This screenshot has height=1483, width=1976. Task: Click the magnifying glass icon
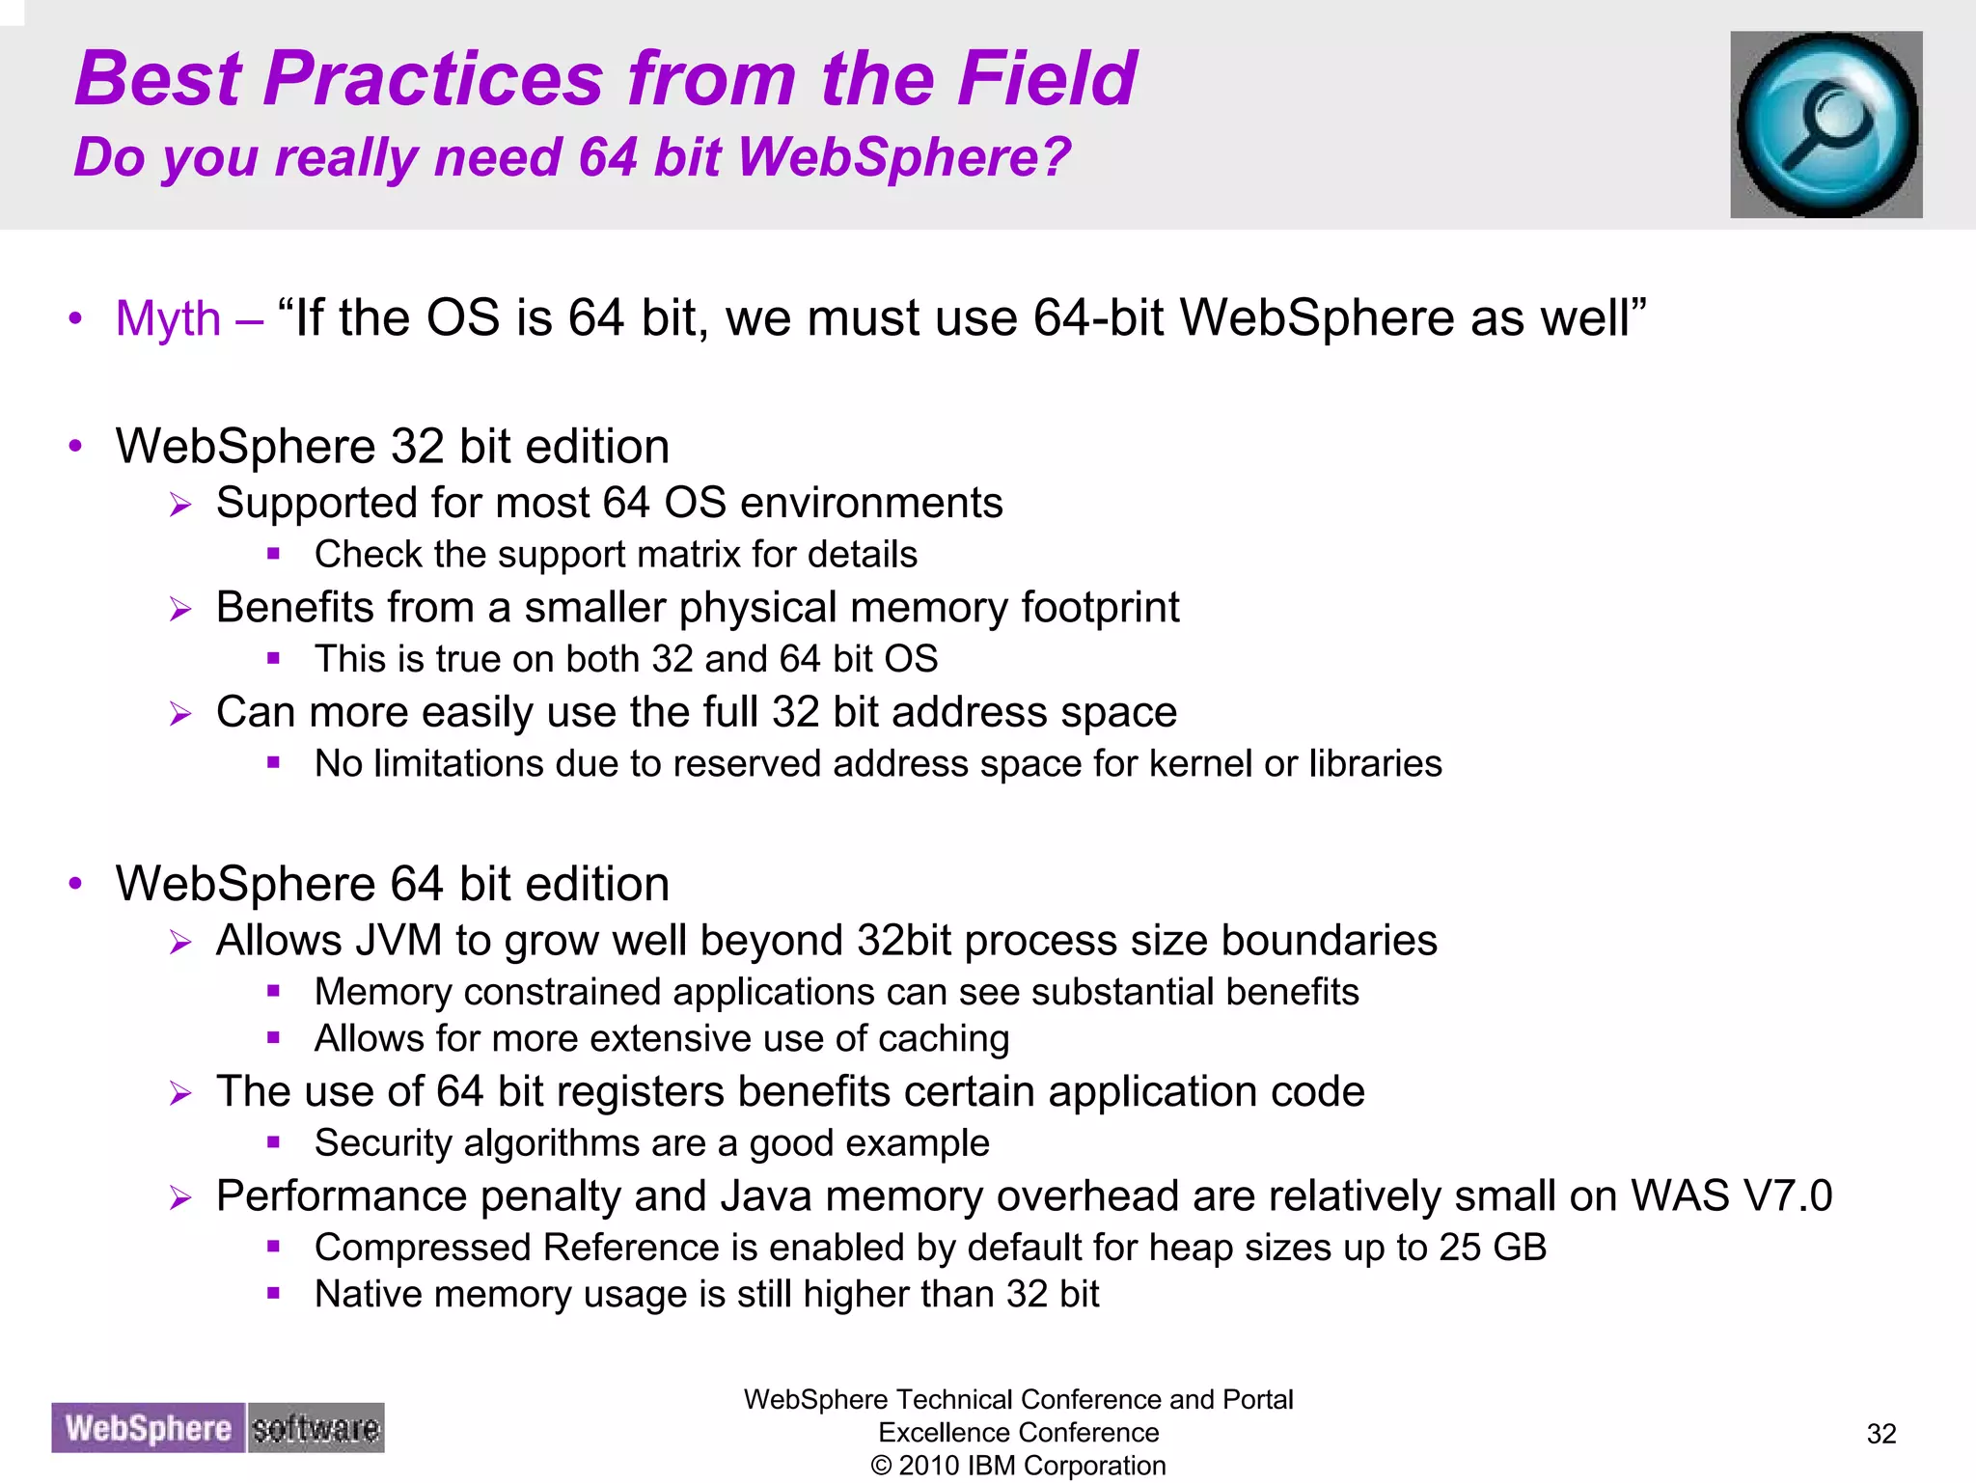pos(1825,124)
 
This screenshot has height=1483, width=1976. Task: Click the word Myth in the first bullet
pos(168,318)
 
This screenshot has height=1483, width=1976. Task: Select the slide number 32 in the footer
pos(1881,1434)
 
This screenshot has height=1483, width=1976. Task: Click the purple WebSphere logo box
pos(149,1428)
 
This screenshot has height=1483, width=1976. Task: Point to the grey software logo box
pos(316,1428)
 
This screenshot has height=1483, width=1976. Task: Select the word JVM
pos(398,941)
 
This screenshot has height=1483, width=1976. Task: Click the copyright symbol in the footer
pos(881,1466)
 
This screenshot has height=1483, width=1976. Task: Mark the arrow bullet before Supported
pos(180,505)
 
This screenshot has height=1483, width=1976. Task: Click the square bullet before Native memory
pos(274,1293)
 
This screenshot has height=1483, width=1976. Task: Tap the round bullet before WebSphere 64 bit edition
pos(76,883)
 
